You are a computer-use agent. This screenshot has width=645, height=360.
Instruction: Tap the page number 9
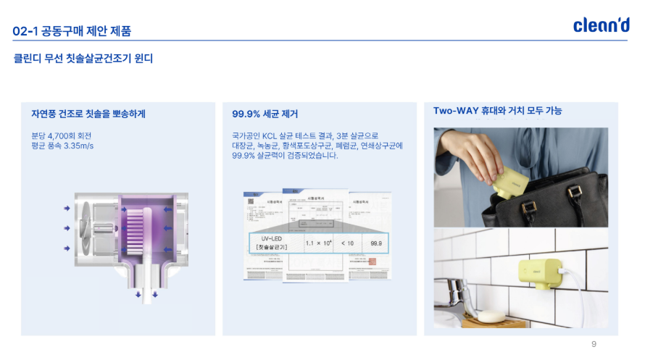(x=594, y=344)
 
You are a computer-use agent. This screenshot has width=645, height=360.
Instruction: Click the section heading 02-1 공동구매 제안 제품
(x=72, y=31)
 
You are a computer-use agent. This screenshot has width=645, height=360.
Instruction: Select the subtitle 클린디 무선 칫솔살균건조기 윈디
(x=83, y=58)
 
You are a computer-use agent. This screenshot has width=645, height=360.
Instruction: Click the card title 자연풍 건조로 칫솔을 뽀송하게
(x=88, y=114)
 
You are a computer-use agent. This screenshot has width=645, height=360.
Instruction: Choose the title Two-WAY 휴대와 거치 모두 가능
(x=497, y=111)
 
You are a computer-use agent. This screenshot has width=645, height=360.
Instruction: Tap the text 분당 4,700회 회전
(x=61, y=135)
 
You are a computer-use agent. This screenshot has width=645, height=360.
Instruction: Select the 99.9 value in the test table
(x=375, y=243)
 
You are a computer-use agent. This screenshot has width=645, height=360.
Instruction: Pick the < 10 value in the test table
(x=347, y=243)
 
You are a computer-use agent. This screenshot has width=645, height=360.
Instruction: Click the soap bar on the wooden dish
(x=491, y=317)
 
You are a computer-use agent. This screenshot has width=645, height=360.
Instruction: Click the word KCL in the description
(x=270, y=135)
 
